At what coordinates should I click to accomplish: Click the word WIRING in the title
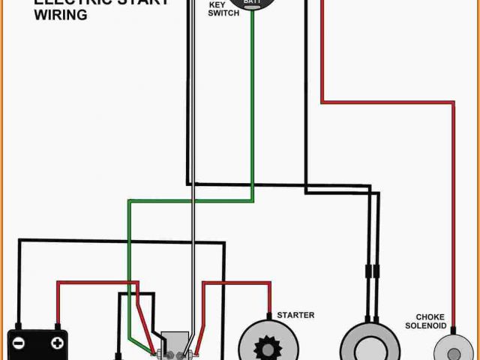pyautogui.click(x=60, y=15)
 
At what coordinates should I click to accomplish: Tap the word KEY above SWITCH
pyautogui.click(x=217, y=4)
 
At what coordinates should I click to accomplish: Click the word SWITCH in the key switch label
pyautogui.click(x=224, y=13)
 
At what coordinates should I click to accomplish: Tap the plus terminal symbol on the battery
pyautogui.click(x=56, y=343)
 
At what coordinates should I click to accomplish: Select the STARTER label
pyautogui.click(x=295, y=315)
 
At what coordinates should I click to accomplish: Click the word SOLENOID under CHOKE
pyautogui.click(x=426, y=325)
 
